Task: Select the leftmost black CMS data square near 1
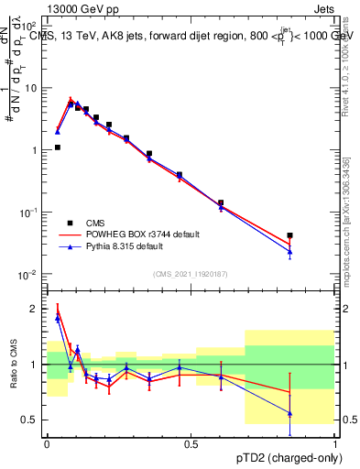pos(57,147)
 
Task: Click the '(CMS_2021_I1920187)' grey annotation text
pos(191,273)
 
